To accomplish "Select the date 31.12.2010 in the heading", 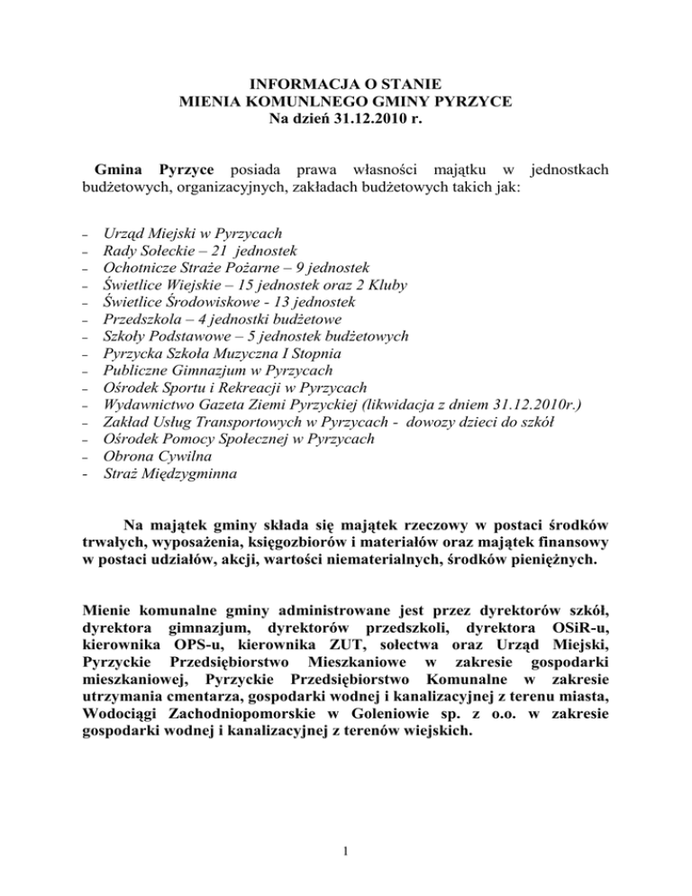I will [361, 122].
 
